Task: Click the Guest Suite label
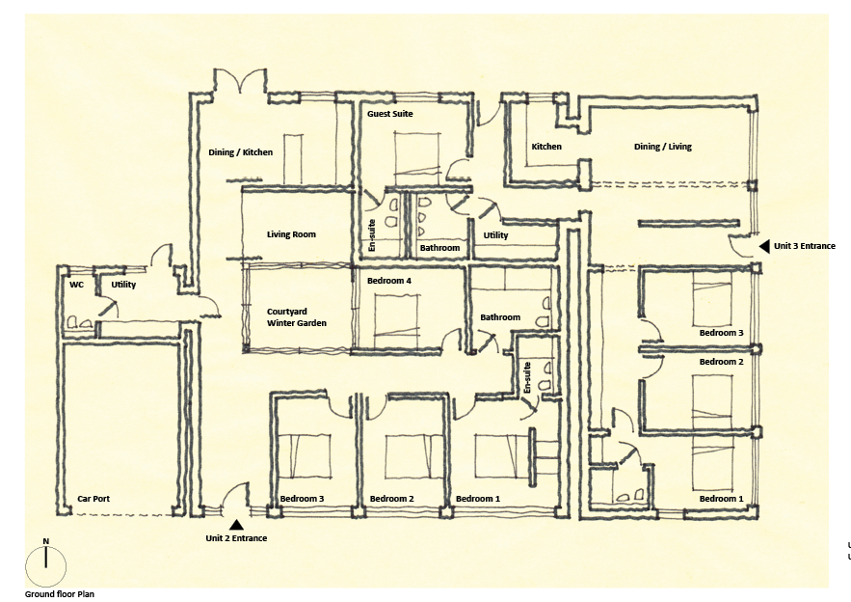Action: point(389,114)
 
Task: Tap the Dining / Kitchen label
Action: point(240,152)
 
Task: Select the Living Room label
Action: point(291,234)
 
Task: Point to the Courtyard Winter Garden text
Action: point(296,317)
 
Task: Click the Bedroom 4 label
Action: point(388,281)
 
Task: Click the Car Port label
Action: point(93,498)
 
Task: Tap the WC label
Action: point(76,285)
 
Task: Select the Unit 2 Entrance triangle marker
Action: point(235,525)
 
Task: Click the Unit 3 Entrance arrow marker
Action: point(764,246)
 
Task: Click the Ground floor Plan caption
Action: point(59,594)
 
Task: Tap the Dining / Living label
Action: point(663,146)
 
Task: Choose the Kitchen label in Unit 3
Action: point(546,146)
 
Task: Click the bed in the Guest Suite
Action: point(415,157)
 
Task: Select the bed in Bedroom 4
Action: point(397,320)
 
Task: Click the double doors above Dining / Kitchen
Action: point(240,80)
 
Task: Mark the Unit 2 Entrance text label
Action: point(236,538)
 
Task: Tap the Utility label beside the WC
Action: point(123,285)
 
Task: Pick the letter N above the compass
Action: point(46,541)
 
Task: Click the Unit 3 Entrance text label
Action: point(805,246)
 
